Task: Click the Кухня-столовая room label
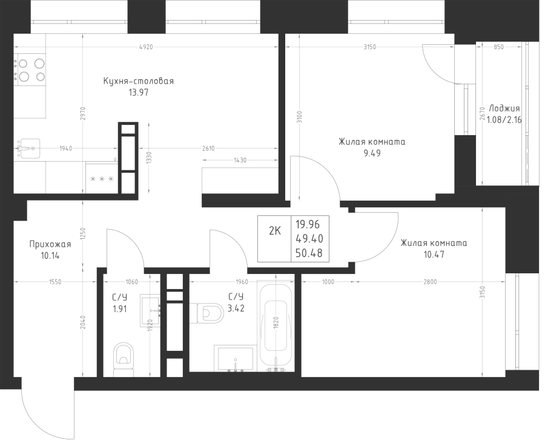(x=138, y=81)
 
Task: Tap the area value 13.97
(x=138, y=93)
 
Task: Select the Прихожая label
(x=50, y=244)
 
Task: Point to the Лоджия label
(x=504, y=108)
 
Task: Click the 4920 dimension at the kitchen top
(x=145, y=47)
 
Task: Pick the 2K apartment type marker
(x=274, y=231)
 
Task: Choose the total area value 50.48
(x=309, y=253)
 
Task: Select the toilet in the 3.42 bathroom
(x=211, y=313)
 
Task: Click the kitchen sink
(x=29, y=148)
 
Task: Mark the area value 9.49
(x=372, y=153)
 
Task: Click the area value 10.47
(x=434, y=255)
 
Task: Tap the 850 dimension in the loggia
(x=498, y=47)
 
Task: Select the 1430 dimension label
(x=240, y=161)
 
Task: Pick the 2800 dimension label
(x=430, y=282)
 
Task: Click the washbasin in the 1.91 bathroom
(x=150, y=310)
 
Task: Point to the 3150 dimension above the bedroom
(x=369, y=47)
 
